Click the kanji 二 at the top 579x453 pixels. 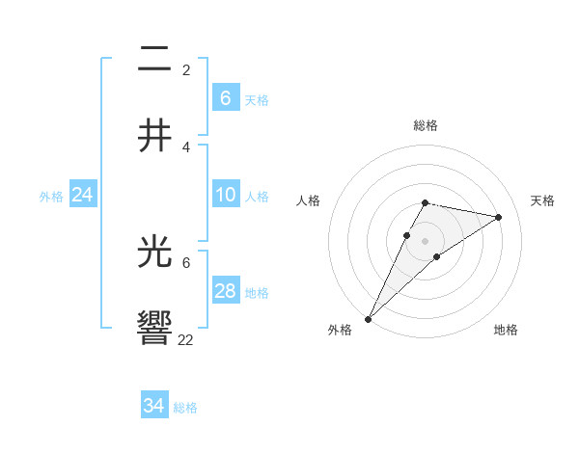coord(154,60)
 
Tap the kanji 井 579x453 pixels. coord(154,135)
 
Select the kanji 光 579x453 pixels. coord(154,253)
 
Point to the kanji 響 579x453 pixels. coord(154,329)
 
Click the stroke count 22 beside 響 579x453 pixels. coord(186,339)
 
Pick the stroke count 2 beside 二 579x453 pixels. coord(186,70)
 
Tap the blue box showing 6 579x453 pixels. coord(225,98)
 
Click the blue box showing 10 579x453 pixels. coord(225,195)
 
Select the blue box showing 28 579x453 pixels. coord(225,291)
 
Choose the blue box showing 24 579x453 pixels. coord(82,195)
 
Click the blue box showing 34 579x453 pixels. coord(153,406)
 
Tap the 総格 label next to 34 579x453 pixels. coord(185,408)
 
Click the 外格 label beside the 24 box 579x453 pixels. coord(51,197)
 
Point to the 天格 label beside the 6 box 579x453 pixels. coord(257,100)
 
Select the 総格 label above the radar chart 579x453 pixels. coord(425,125)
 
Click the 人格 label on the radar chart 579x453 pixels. coord(309,200)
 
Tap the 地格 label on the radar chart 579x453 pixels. coord(506,330)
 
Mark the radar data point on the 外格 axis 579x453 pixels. coord(369,318)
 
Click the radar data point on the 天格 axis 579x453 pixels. coord(499,217)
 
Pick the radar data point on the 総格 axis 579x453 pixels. coord(425,202)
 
